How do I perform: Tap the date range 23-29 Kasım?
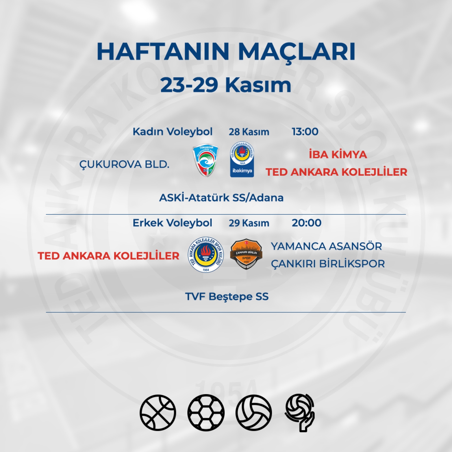click(x=226, y=85)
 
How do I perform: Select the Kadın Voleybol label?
click(x=173, y=132)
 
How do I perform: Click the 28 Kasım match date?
click(x=249, y=132)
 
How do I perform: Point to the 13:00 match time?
click(x=305, y=132)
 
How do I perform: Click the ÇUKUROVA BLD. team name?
click(x=124, y=164)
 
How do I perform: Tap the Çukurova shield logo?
click(x=205, y=160)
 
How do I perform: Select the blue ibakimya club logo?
click(x=242, y=160)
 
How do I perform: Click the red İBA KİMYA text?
click(x=338, y=155)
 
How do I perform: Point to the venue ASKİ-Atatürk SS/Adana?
click(x=221, y=198)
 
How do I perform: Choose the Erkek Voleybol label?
click(x=172, y=223)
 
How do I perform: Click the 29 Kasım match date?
click(x=249, y=223)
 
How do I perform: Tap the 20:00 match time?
click(x=307, y=223)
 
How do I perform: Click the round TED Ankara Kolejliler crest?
click(x=206, y=255)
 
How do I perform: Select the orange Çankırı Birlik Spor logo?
click(x=246, y=254)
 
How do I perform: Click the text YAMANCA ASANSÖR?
click(x=326, y=246)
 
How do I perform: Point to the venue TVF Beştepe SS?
click(x=227, y=297)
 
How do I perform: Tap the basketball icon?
click(x=158, y=413)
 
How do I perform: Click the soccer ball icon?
click(x=206, y=413)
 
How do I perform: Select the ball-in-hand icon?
click(x=300, y=413)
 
